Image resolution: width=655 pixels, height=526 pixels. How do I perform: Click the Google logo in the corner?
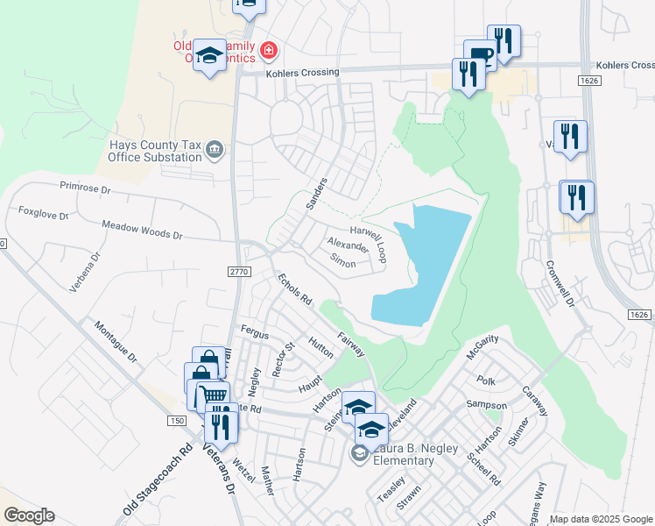(x=29, y=515)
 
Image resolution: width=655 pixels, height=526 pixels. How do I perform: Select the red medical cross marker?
(x=268, y=52)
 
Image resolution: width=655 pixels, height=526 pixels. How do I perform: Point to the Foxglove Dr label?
(x=43, y=211)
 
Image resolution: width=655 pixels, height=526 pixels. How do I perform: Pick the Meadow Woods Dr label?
(x=142, y=230)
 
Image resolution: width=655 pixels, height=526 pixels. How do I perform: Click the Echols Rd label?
(x=294, y=289)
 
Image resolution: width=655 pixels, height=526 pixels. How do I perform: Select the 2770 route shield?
(x=240, y=273)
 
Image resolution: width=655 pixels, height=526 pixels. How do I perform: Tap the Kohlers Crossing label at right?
(x=624, y=65)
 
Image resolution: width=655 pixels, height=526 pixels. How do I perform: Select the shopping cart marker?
(x=210, y=395)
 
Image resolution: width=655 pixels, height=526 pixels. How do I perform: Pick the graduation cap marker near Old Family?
(x=208, y=57)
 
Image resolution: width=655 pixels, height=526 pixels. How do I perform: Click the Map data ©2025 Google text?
(x=601, y=519)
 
